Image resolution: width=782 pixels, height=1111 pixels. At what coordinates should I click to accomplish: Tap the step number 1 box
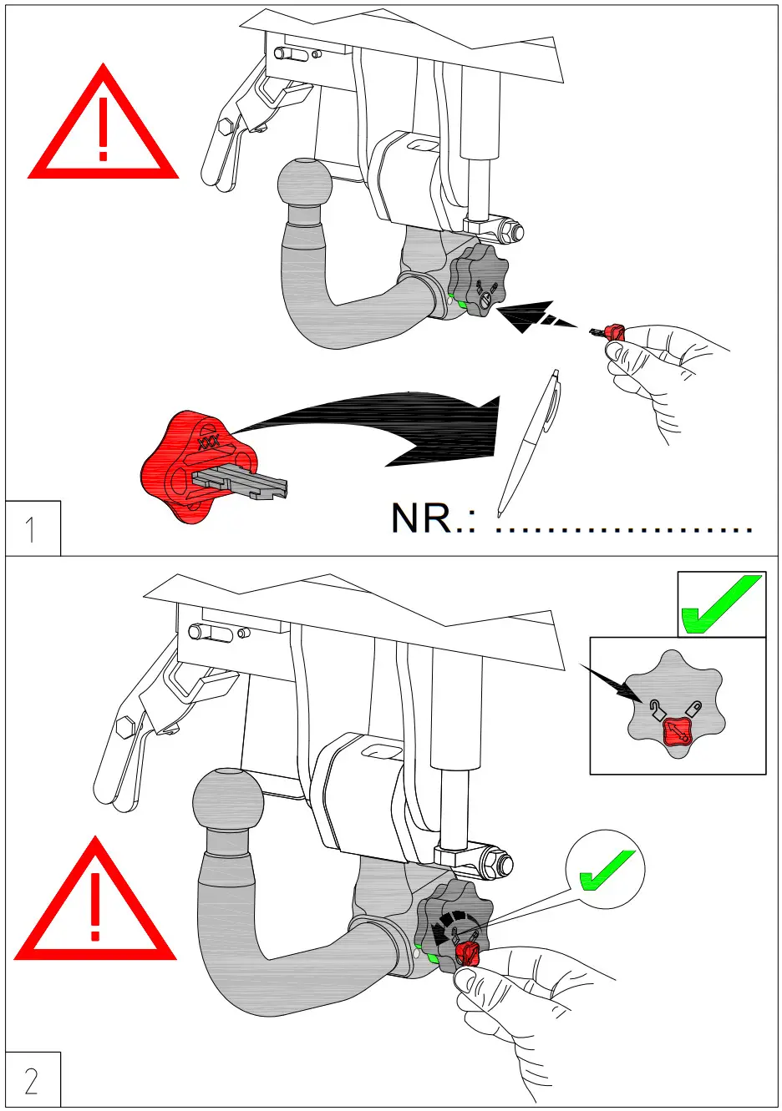coord(32,528)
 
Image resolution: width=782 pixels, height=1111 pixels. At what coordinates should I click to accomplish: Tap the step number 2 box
coord(32,1080)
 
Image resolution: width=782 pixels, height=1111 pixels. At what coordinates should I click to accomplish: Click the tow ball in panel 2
coord(227,802)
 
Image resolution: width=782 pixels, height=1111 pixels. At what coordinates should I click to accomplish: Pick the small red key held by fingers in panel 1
coord(614,332)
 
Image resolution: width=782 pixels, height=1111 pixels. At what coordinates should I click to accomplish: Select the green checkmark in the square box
coord(721,604)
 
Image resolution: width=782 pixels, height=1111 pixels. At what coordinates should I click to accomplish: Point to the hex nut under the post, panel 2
coord(500,862)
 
